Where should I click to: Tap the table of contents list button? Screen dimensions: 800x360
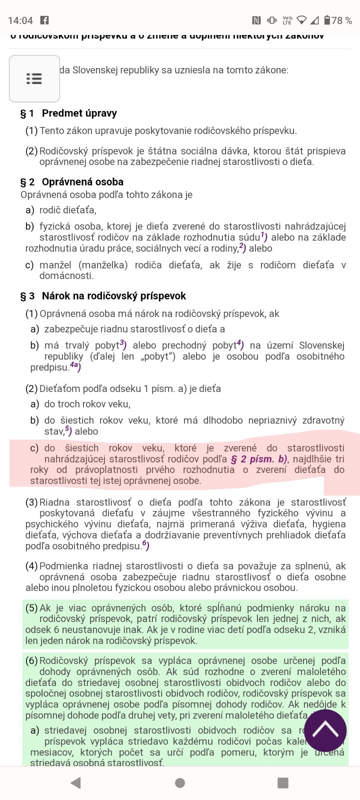click(x=34, y=79)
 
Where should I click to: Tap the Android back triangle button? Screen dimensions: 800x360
click(x=75, y=782)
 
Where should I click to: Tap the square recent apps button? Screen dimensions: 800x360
click(x=283, y=782)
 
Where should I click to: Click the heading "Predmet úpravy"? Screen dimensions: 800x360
click(x=79, y=113)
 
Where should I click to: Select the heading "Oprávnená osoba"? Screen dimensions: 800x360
click(x=82, y=182)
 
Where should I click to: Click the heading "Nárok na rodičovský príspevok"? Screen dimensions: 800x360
click(x=113, y=296)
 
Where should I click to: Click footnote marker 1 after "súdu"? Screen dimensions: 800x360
click(x=264, y=236)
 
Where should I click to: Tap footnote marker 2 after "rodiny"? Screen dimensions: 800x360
click(x=242, y=247)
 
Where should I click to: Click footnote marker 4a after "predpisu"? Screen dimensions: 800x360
click(x=75, y=366)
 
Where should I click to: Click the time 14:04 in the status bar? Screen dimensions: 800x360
click(x=20, y=20)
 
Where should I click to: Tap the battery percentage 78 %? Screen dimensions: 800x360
click(x=341, y=20)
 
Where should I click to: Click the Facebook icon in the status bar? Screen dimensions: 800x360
click(x=44, y=20)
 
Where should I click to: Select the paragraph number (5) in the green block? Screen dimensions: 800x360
click(x=31, y=608)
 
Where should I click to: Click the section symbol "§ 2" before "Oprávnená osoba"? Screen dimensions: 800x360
click(x=27, y=182)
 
